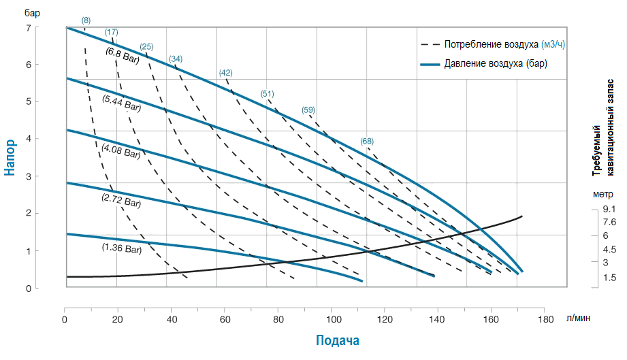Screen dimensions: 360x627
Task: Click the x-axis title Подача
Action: (337, 340)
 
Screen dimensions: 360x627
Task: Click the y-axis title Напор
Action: (10, 158)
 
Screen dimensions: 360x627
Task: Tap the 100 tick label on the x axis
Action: (332, 319)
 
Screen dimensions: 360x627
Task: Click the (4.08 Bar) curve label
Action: (120, 151)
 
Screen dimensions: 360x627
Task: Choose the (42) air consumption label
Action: (226, 73)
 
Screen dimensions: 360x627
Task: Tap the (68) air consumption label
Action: (367, 142)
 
